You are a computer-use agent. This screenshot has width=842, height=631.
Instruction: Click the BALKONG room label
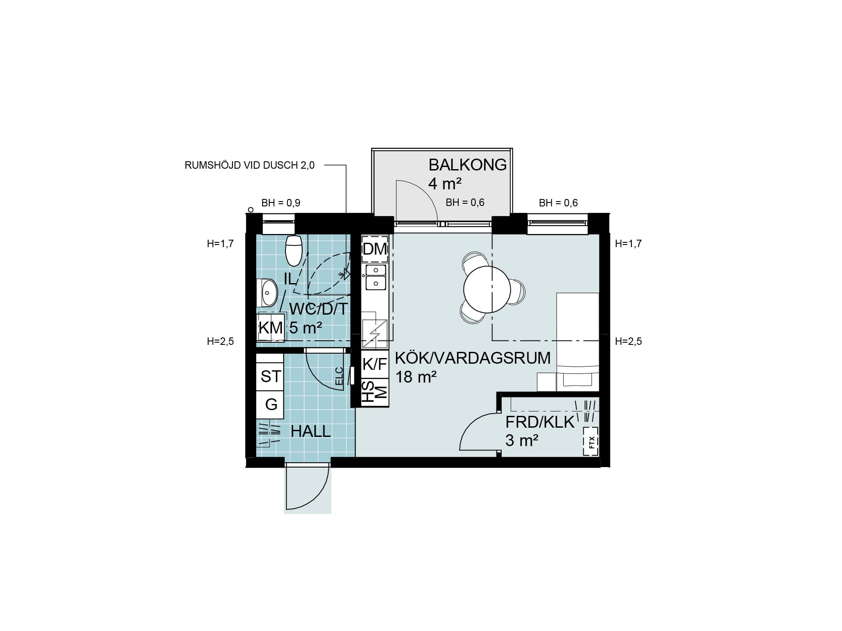click(x=467, y=165)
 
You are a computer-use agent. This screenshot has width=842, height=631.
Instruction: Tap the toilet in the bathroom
click(x=293, y=250)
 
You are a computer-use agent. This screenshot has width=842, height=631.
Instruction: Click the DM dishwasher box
click(x=375, y=249)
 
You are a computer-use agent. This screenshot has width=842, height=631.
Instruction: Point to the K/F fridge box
click(x=375, y=364)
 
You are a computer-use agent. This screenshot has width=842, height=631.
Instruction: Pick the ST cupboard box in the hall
click(x=270, y=376)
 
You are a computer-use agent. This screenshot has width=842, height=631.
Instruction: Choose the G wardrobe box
click(x=270, y=404)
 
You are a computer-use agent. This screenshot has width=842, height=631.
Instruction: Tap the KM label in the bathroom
click(x=271, y=327)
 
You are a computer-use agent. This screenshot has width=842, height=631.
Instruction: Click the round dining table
click(x=487, y=289)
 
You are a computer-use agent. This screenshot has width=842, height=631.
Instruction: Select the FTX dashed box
click(x=591, y=442)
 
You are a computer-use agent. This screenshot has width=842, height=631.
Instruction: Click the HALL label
click(x=310, y=432)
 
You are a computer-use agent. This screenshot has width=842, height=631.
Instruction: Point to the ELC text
click(x=339, y=376)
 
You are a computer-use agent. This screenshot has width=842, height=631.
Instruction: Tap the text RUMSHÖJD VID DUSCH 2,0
click(x=250, y=166)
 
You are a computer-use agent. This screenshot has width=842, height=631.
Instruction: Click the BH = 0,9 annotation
click(x=281, y=203)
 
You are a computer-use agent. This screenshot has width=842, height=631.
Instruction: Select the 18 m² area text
click(x=416, y=377)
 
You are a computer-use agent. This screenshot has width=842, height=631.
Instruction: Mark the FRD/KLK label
click(x=540, y=422)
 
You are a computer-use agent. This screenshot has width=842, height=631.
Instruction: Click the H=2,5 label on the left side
click(x=220, y=341)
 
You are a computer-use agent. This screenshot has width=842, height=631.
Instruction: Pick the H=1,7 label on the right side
click(x=628, y=244)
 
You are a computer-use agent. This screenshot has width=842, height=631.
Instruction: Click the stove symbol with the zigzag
click(x=375, y=334)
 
